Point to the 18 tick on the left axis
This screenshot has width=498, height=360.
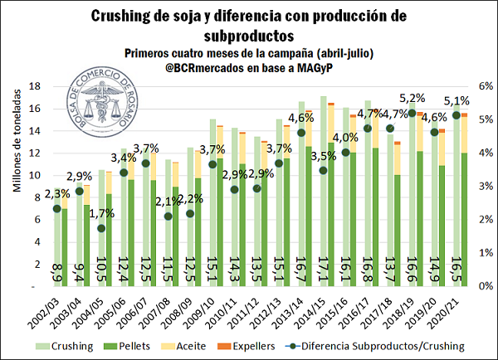pyautogui.click(x=36, y=85)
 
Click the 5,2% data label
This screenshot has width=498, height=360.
pyautogui.click(x=413, y=99)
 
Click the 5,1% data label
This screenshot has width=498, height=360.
pyautogui.click(x=457, y=102)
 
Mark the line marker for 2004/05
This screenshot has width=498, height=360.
pyautogui.click(x=101, y=228)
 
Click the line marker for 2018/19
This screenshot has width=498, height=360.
pyautogui.click(x=413, y=113)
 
